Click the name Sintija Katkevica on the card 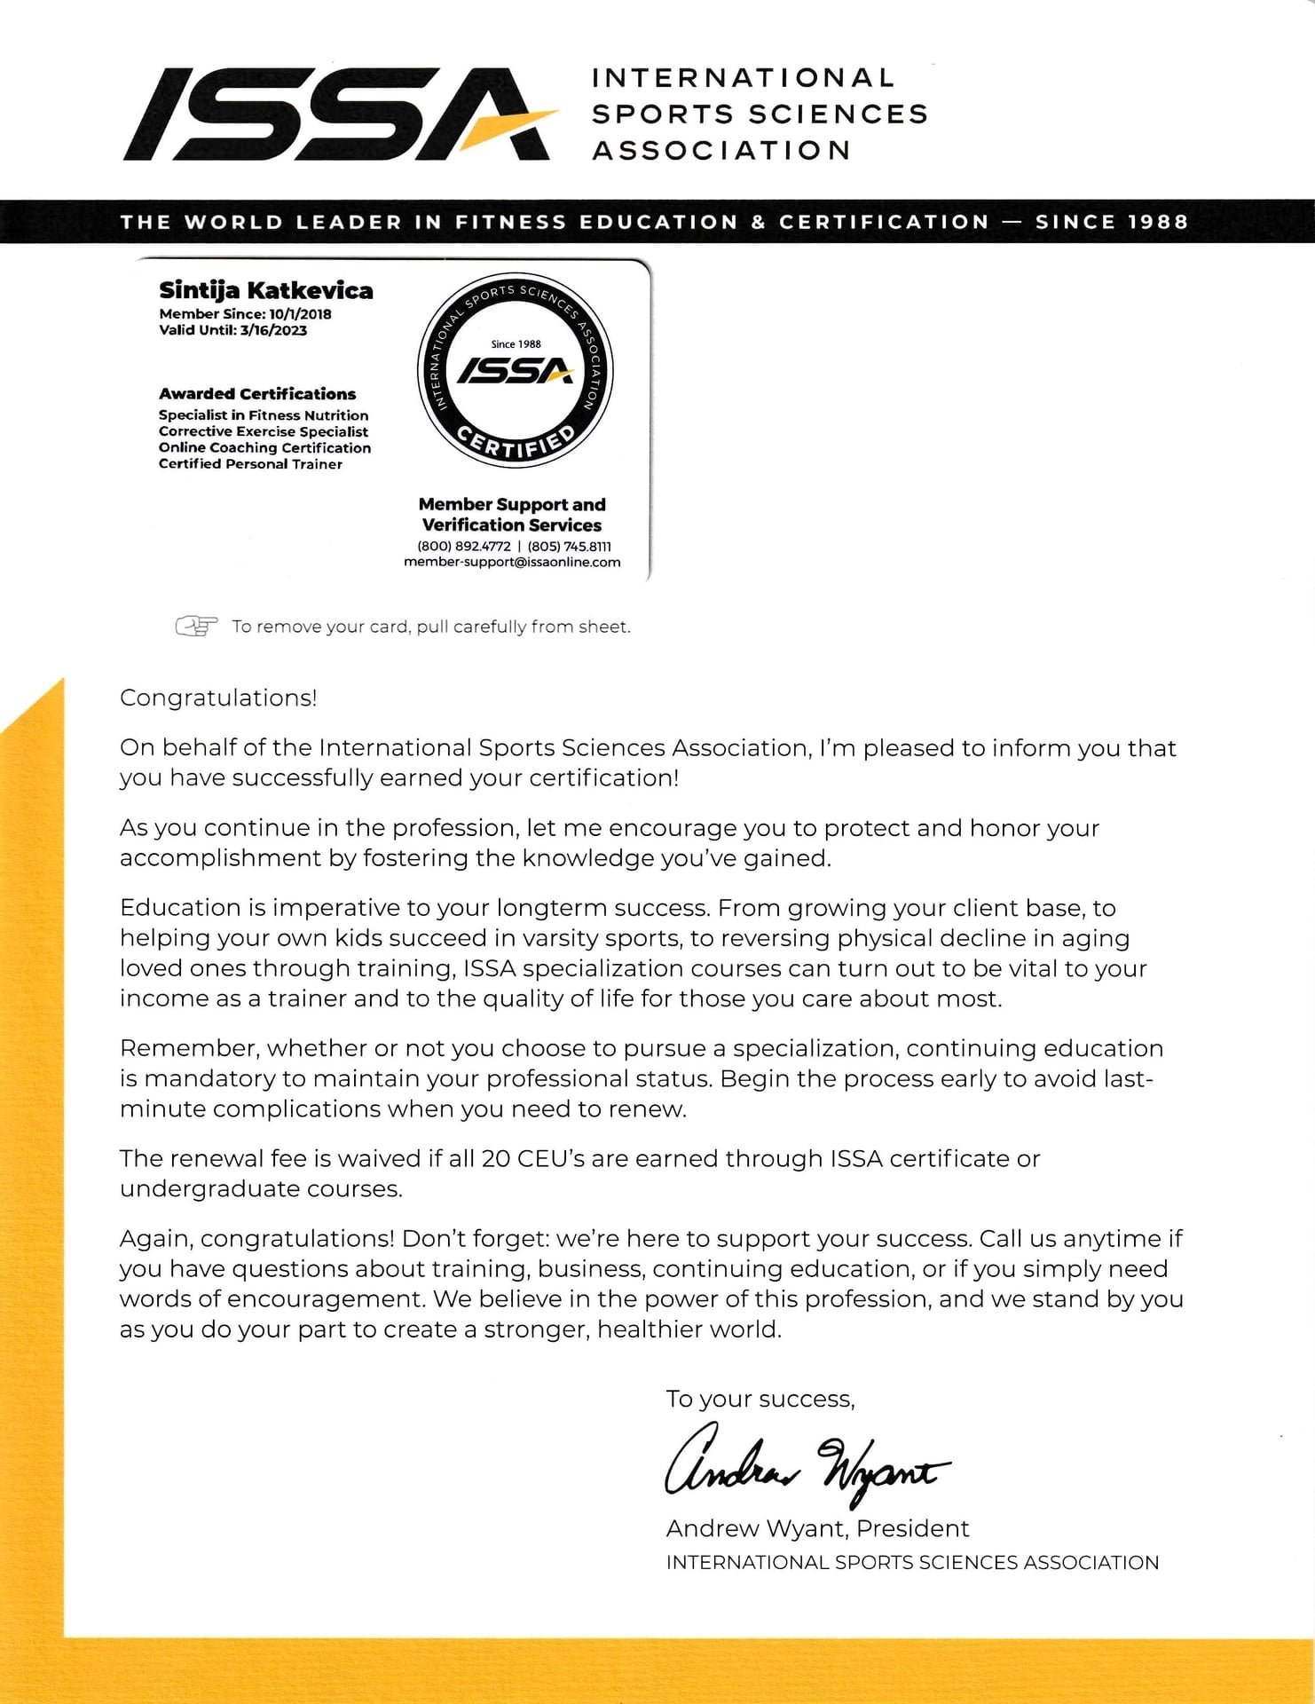click(x=265, y=290)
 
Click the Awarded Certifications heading click(x=257, y=393)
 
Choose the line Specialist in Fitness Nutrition click(x=264, y=415)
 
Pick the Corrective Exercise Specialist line click(x=264, y=431)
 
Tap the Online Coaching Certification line click(x=264, y=447)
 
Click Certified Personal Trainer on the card click(x=250, y=463)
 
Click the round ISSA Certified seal click(x=516, y=371)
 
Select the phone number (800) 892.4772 click(x=463, y=547)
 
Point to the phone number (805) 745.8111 click(x=569, y=547)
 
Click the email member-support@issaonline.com click(x=512, y=562)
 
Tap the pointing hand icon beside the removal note click(x=196, y=627)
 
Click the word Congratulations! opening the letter click(x=218, y=698)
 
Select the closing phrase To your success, click(x=760, y=1399)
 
